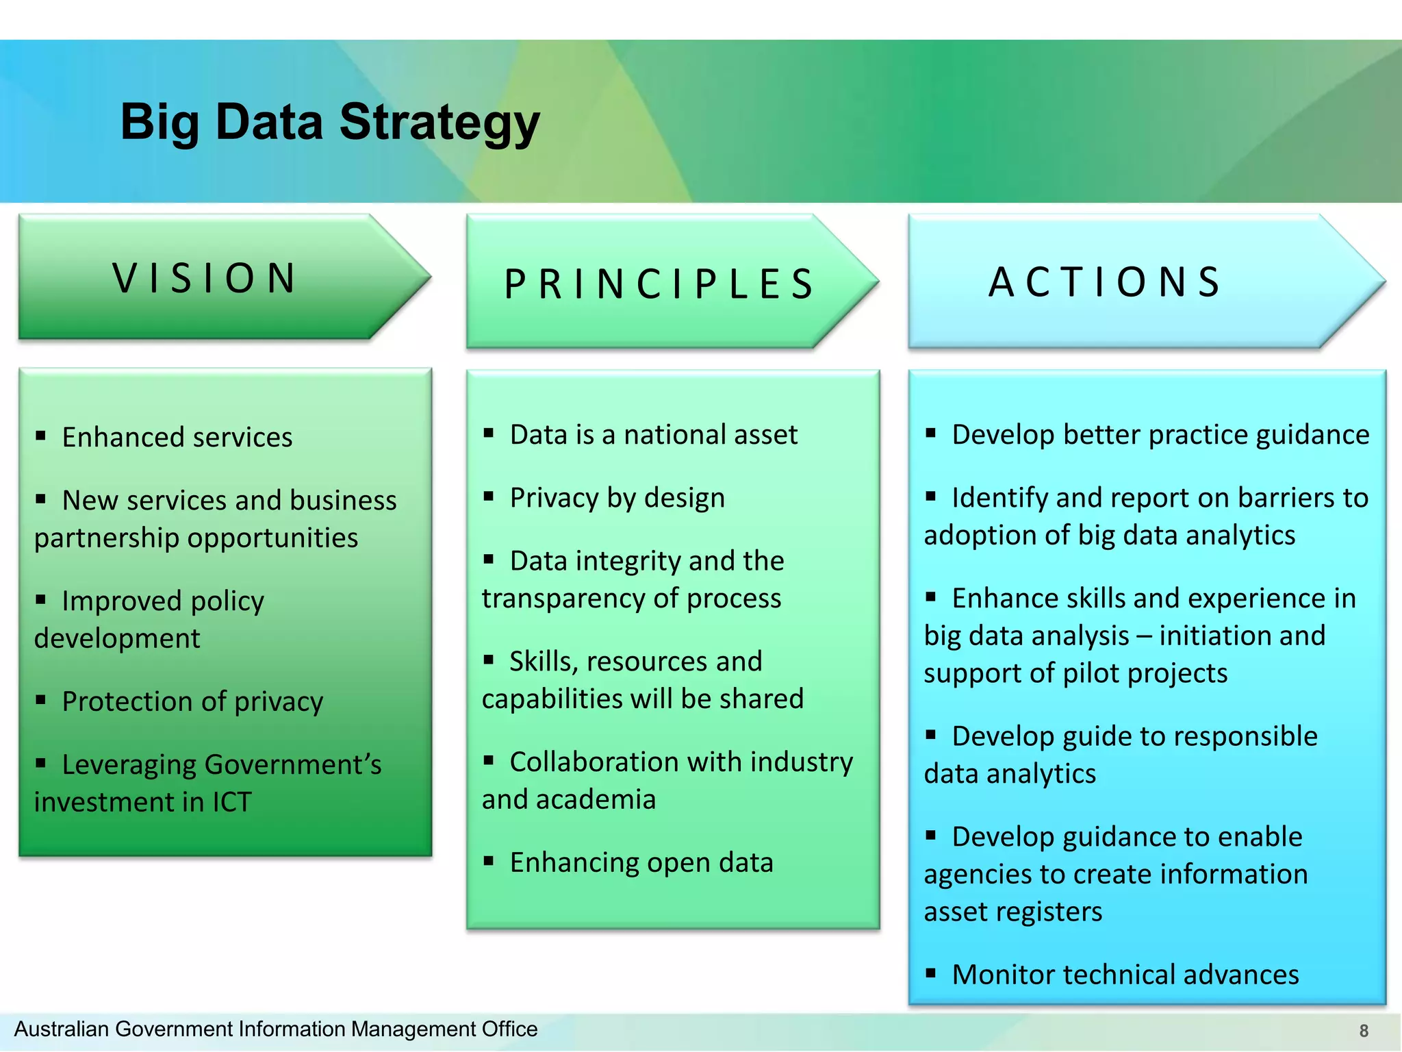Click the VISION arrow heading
(205, 278)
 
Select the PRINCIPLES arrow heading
(659, 284)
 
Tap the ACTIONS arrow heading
(1105, 281)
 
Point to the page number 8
(1363, 1031)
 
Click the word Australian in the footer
(62, 1029)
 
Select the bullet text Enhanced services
(177, 437)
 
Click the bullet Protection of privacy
(192, 701)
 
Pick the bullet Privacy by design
(616, 498)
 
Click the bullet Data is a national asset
(653, 435)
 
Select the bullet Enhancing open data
(641, 862)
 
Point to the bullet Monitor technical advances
(1125, 975)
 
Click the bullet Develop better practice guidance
(1160, 435)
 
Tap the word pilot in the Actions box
(1090, 673)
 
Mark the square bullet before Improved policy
(41, 600)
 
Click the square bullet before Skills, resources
(488, 660)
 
